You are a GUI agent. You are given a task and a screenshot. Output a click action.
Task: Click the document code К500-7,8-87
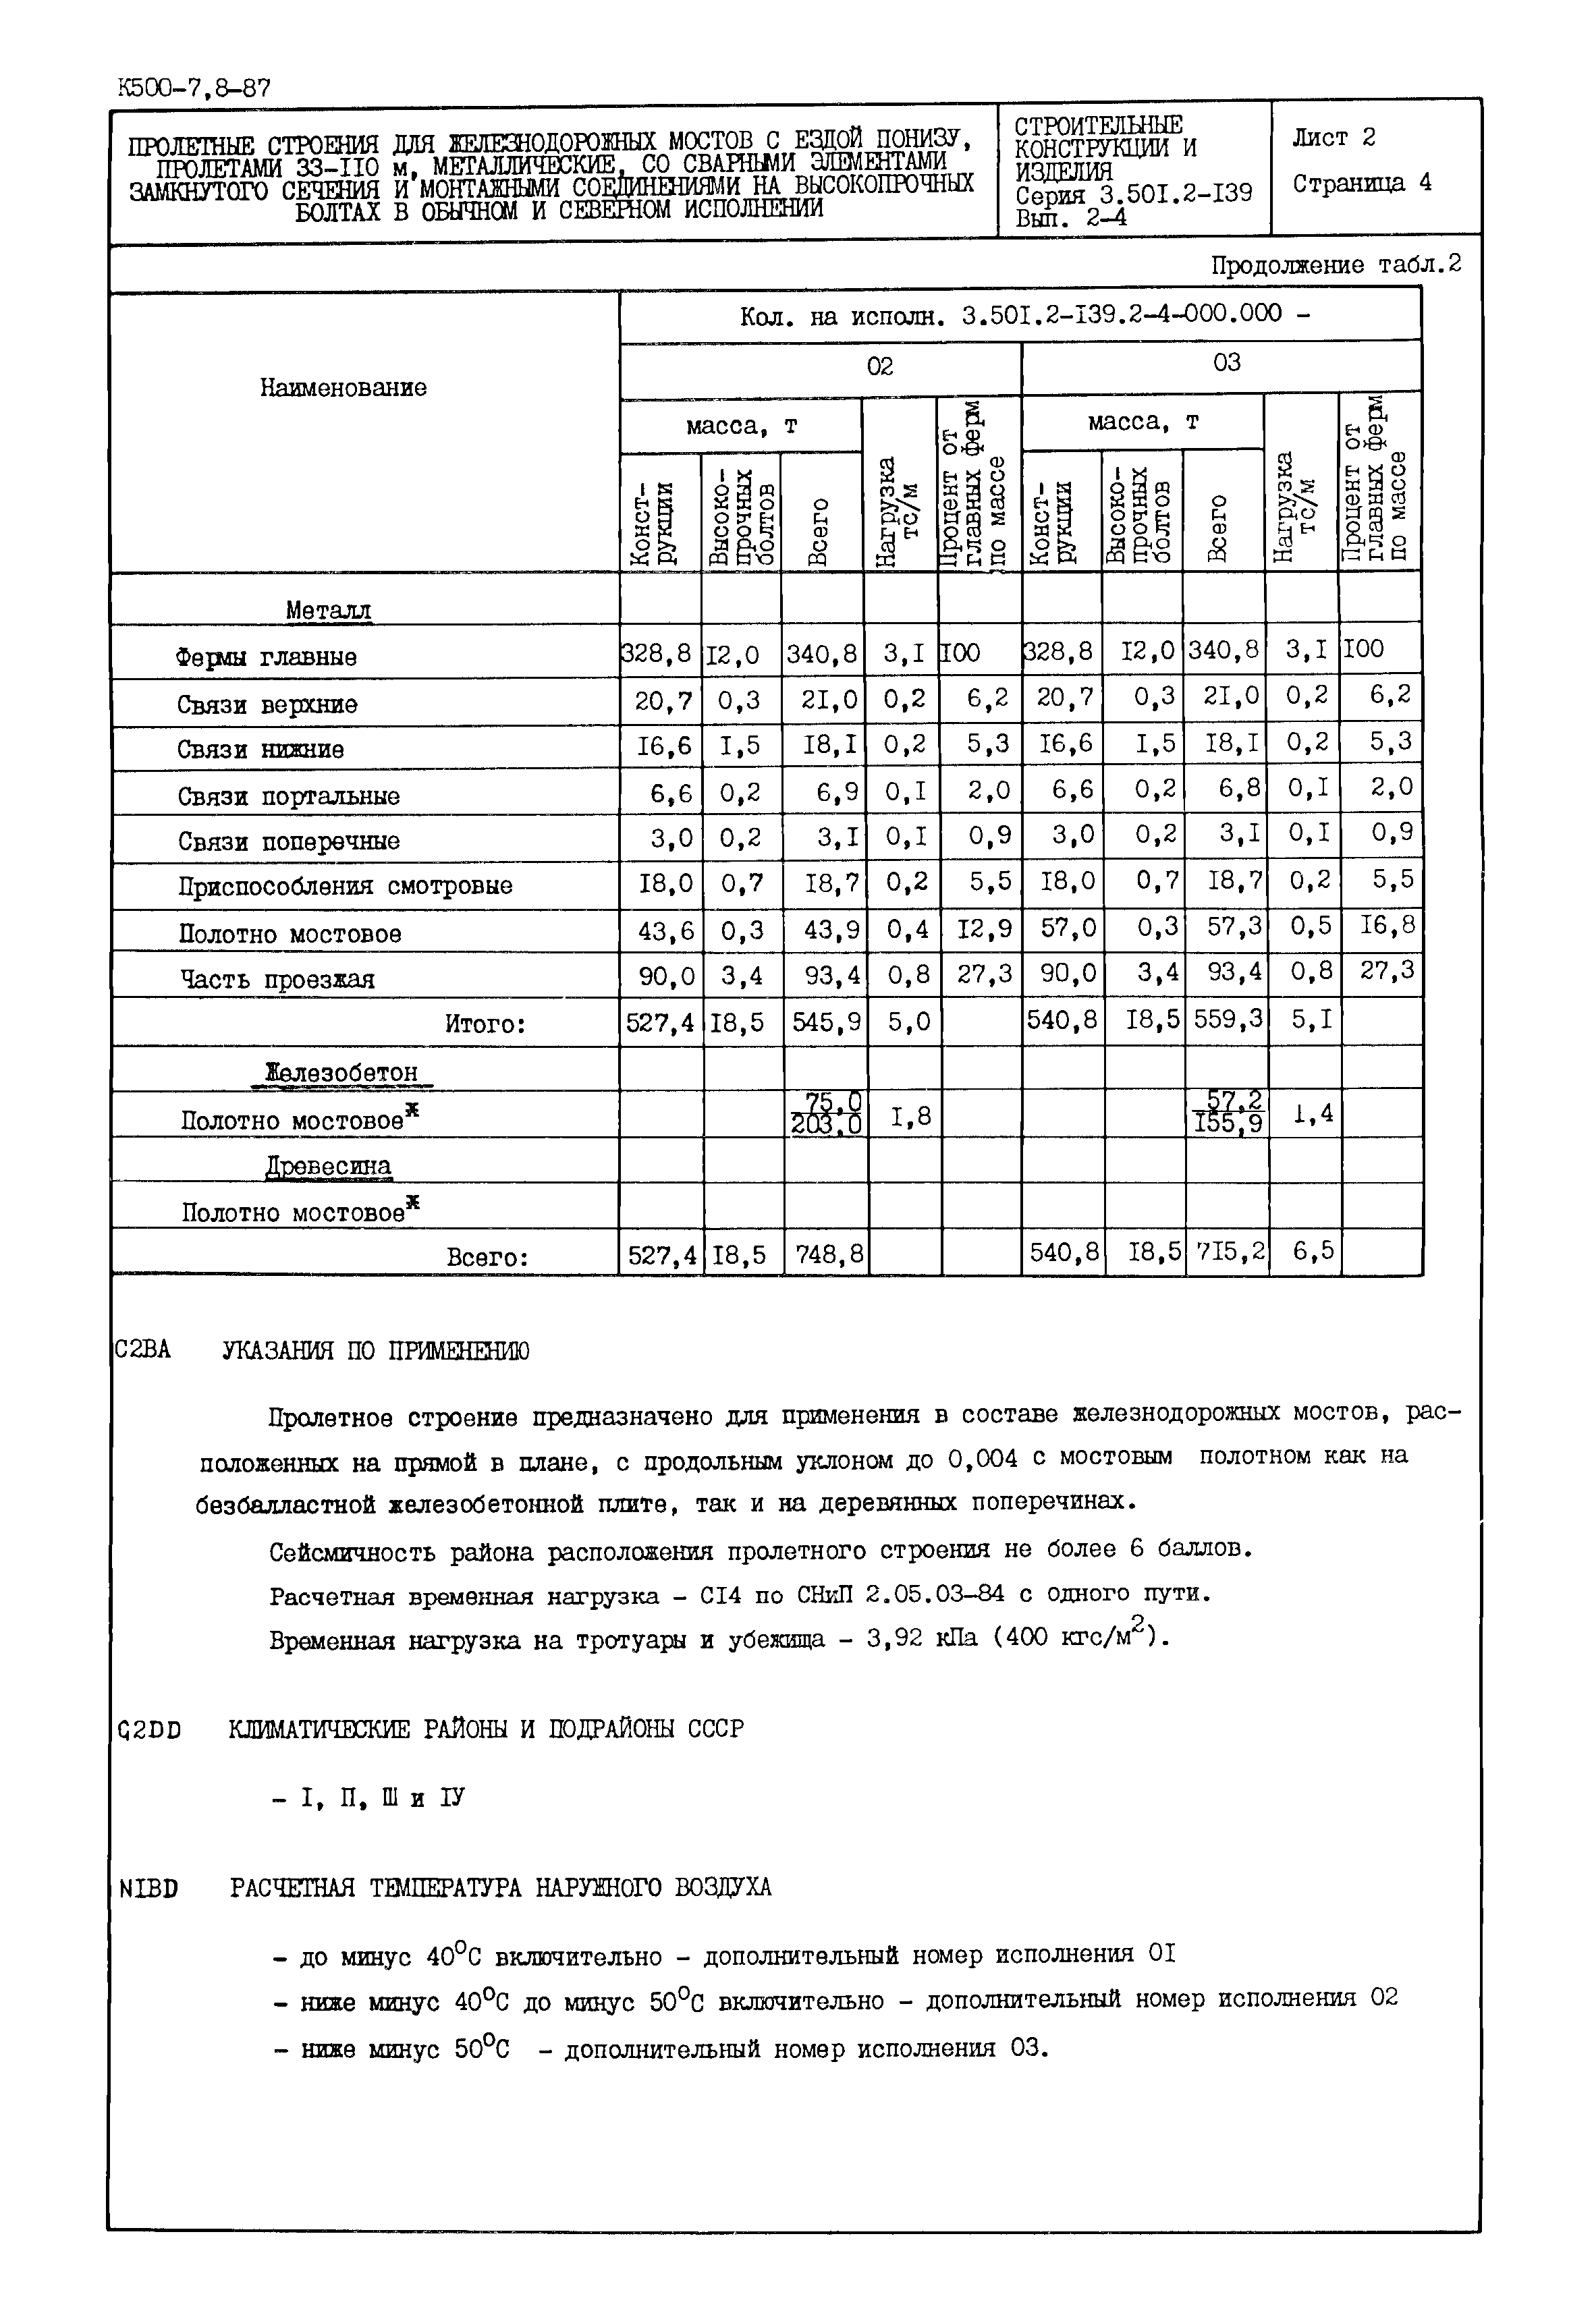193,88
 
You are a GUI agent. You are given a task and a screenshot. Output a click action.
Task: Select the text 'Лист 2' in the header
1334,138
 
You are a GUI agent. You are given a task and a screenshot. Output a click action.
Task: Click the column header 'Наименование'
343,387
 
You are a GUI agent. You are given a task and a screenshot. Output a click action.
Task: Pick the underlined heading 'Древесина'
329,1165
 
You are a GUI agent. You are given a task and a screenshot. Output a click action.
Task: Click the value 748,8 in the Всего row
824,1254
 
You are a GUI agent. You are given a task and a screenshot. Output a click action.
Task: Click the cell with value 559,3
1226,1020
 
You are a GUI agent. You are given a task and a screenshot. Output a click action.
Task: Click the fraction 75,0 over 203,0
826,1113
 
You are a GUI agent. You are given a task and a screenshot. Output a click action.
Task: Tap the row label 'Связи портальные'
289,796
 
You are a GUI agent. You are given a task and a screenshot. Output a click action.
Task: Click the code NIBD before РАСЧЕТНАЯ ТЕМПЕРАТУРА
148,1889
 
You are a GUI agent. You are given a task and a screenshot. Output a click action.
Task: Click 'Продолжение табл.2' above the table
1336,264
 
